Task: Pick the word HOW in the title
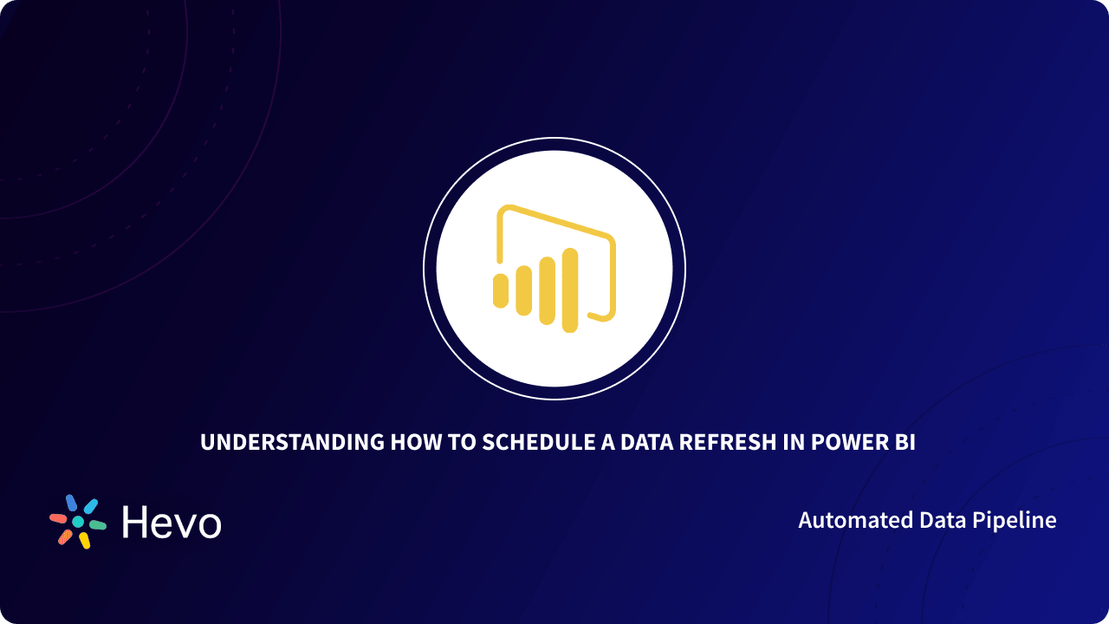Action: point(411,442)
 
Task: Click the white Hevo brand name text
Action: point(172,523)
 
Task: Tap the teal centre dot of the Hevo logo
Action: point(78,522)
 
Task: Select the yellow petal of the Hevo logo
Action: point(85,541)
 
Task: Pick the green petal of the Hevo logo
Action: point(97,525)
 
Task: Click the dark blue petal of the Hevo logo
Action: point(71,503)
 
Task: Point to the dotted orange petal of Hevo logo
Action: point(65,536)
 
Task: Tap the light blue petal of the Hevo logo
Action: point(90,506)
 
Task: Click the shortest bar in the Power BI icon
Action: point(500,290)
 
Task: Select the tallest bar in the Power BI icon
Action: point(569,290)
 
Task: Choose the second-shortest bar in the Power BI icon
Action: point(523,290)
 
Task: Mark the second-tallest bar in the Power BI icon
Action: point(547,290)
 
